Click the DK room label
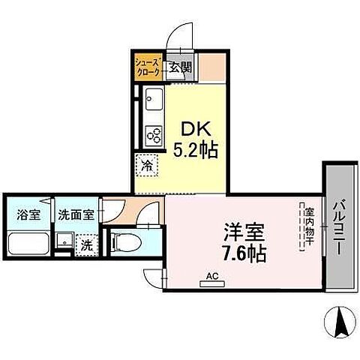click(x=196, y=129)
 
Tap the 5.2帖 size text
click(x=196, y=150)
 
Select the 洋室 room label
click(x=244, y=232)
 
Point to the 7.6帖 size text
click(x=244, y=253)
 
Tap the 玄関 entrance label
click(x=181, y=67)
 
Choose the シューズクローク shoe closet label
click(x=148, y=67)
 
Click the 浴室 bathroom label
click(x=28, y=214)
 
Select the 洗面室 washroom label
click(x=76, y=214)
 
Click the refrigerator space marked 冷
click(x=147, y=166)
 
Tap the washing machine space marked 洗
click(x=87, y=246)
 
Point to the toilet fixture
click(x=126, y=241)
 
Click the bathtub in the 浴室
click(x=28, y=244)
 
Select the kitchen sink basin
click(x=154, y=99)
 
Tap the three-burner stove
click(x=154, y=136)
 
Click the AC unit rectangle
click(x=212, y=284)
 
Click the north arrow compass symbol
click(x=340, y=322)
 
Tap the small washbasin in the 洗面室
click(x=64, y=240)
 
